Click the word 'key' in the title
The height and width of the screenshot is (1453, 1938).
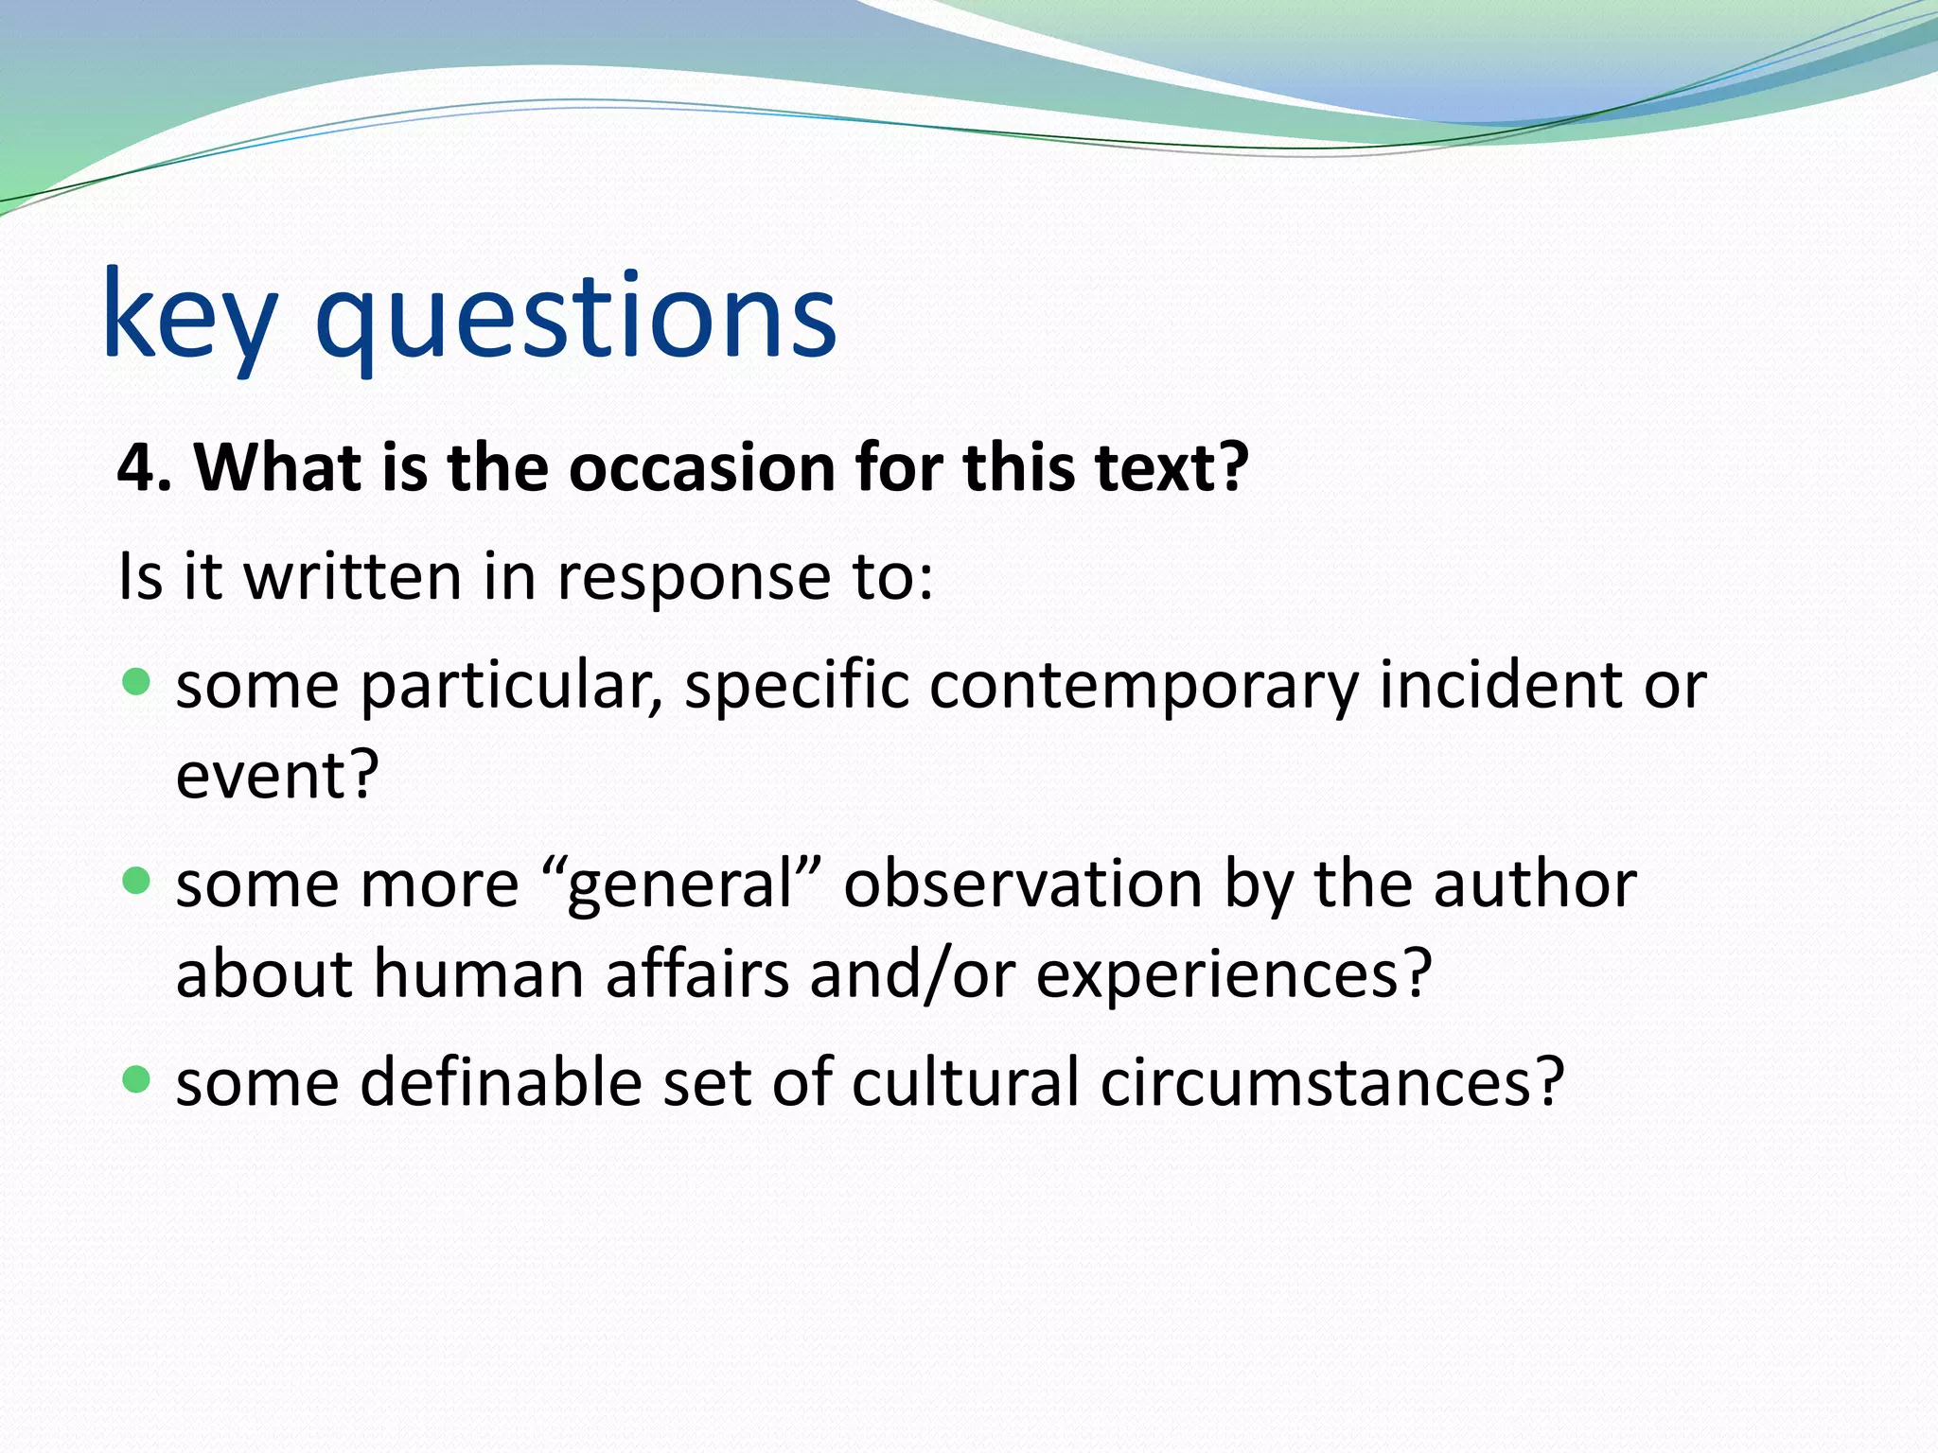(189, 317)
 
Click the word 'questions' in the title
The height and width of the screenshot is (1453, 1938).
(575, 317)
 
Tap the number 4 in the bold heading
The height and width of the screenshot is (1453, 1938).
(135, 468)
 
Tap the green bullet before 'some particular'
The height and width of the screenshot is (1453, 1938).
(137, 682)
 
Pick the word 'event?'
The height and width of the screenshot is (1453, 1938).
(277, 775)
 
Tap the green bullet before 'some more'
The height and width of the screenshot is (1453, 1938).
(137, 882)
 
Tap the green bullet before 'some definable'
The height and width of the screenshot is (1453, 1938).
(137, 1079)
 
